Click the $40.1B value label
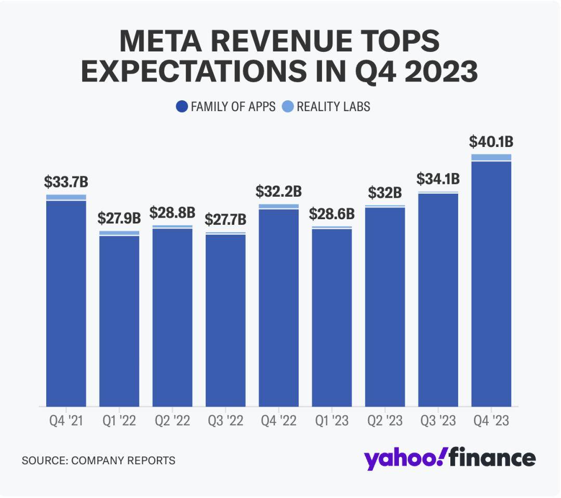pos(491,141)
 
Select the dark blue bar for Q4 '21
pos(66,303)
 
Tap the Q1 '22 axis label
pos(119,421)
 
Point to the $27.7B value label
pos(225,219)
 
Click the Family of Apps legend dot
pos(182,107)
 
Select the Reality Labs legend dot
pos(287,107)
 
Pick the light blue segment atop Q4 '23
pos(491,157)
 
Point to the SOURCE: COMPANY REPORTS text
pos(98,460)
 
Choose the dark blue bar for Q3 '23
pos(438,300)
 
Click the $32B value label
pos(385,193)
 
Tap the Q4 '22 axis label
pos(278,421)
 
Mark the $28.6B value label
pos(331,213)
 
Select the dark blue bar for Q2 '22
pos(172,317)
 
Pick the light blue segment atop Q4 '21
pos(66,197)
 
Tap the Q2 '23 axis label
pos(384,421)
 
